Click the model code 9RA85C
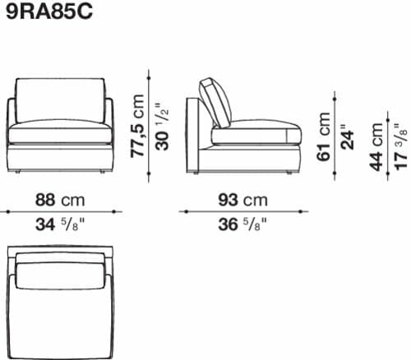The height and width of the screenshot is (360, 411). click(49, 12)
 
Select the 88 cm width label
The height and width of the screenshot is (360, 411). click(60, 200)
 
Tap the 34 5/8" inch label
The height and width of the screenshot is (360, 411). click(59, 225)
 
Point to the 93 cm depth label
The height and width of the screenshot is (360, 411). click(242, 200)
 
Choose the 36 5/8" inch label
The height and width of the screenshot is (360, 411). click(242, 225)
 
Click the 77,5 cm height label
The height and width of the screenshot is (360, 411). click(137, 126)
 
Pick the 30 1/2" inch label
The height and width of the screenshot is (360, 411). click(162, 127)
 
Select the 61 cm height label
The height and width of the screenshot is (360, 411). click(323, 136)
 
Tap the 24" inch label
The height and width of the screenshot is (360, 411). click(348, 137)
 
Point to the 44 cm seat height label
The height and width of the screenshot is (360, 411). click(376, 147)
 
